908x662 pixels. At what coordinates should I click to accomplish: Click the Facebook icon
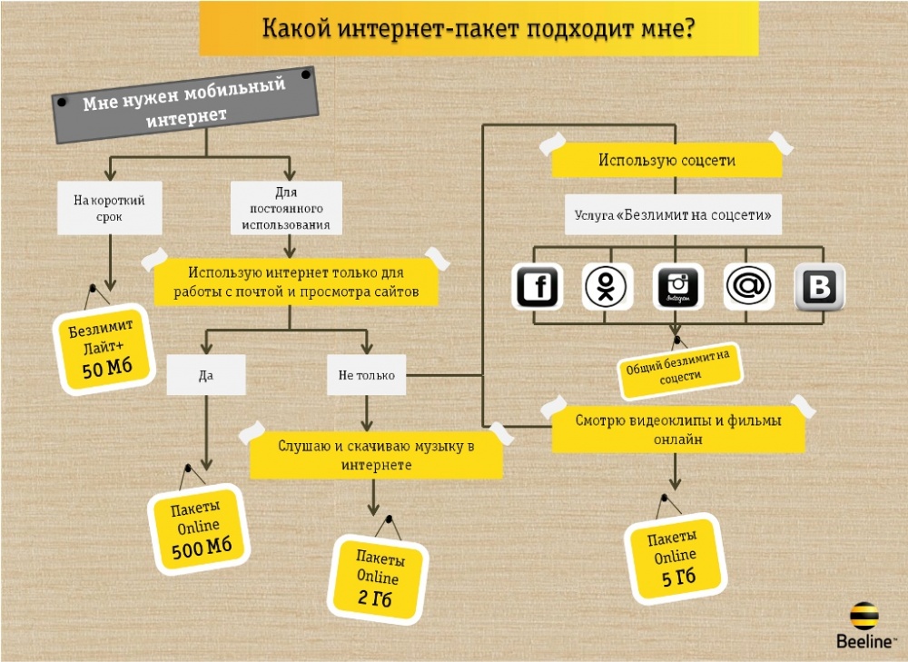537,286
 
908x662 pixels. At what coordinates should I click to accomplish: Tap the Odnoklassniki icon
607,286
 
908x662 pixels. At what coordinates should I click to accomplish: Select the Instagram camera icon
677,286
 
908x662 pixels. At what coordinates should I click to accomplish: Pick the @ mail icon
749,286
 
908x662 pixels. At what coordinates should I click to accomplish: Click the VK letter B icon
819,286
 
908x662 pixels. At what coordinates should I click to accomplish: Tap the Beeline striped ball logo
864,616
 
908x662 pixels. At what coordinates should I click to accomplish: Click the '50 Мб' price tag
104,349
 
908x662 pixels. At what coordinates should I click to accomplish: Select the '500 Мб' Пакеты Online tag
199,529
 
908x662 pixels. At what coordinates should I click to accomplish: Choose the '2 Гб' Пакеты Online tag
378,578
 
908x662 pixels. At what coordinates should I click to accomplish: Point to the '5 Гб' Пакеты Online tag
676,558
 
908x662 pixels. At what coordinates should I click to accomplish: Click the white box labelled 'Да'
206,375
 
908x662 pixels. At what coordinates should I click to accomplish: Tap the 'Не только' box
366,375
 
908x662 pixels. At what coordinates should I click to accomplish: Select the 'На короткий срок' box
110,208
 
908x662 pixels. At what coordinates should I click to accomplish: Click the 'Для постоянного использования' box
286,208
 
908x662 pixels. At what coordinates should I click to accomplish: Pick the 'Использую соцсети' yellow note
666,160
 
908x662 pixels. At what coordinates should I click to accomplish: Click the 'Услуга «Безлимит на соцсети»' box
673,215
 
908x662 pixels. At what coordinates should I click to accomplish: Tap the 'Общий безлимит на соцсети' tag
680,369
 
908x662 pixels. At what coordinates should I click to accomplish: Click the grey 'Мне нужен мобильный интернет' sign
186,104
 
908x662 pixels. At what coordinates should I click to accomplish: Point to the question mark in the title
688,27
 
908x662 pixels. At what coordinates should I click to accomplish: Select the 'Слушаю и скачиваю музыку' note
377,455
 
